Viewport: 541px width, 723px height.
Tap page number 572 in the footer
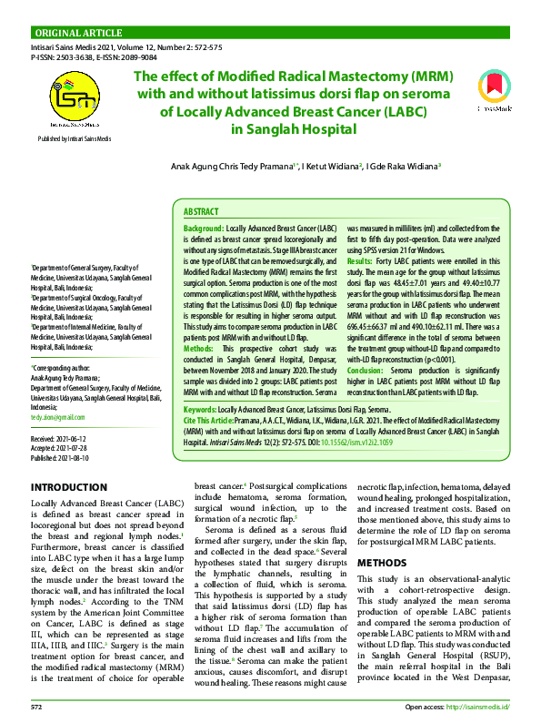click(37, 706)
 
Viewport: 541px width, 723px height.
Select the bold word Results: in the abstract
click(366, 260)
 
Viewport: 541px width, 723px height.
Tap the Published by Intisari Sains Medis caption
click(74, 138)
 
